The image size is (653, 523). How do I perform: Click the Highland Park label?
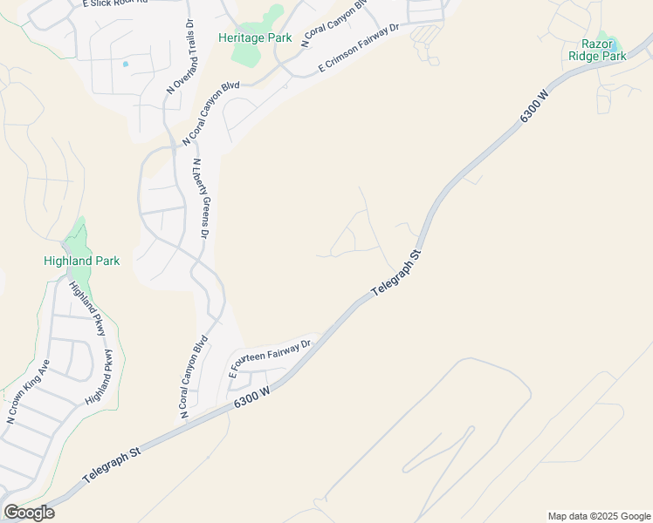[x=81, y=261]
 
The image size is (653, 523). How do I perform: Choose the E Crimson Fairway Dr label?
[x=358, y=48]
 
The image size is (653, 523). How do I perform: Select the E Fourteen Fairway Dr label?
[x=270, y=357]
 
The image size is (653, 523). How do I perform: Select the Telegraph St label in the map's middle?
[x=395, y=275]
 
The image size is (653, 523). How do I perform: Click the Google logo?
[x=29, y=513]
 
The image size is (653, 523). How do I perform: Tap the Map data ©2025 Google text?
[x=599, y=516]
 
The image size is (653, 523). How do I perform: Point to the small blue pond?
[x=126, y=65]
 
